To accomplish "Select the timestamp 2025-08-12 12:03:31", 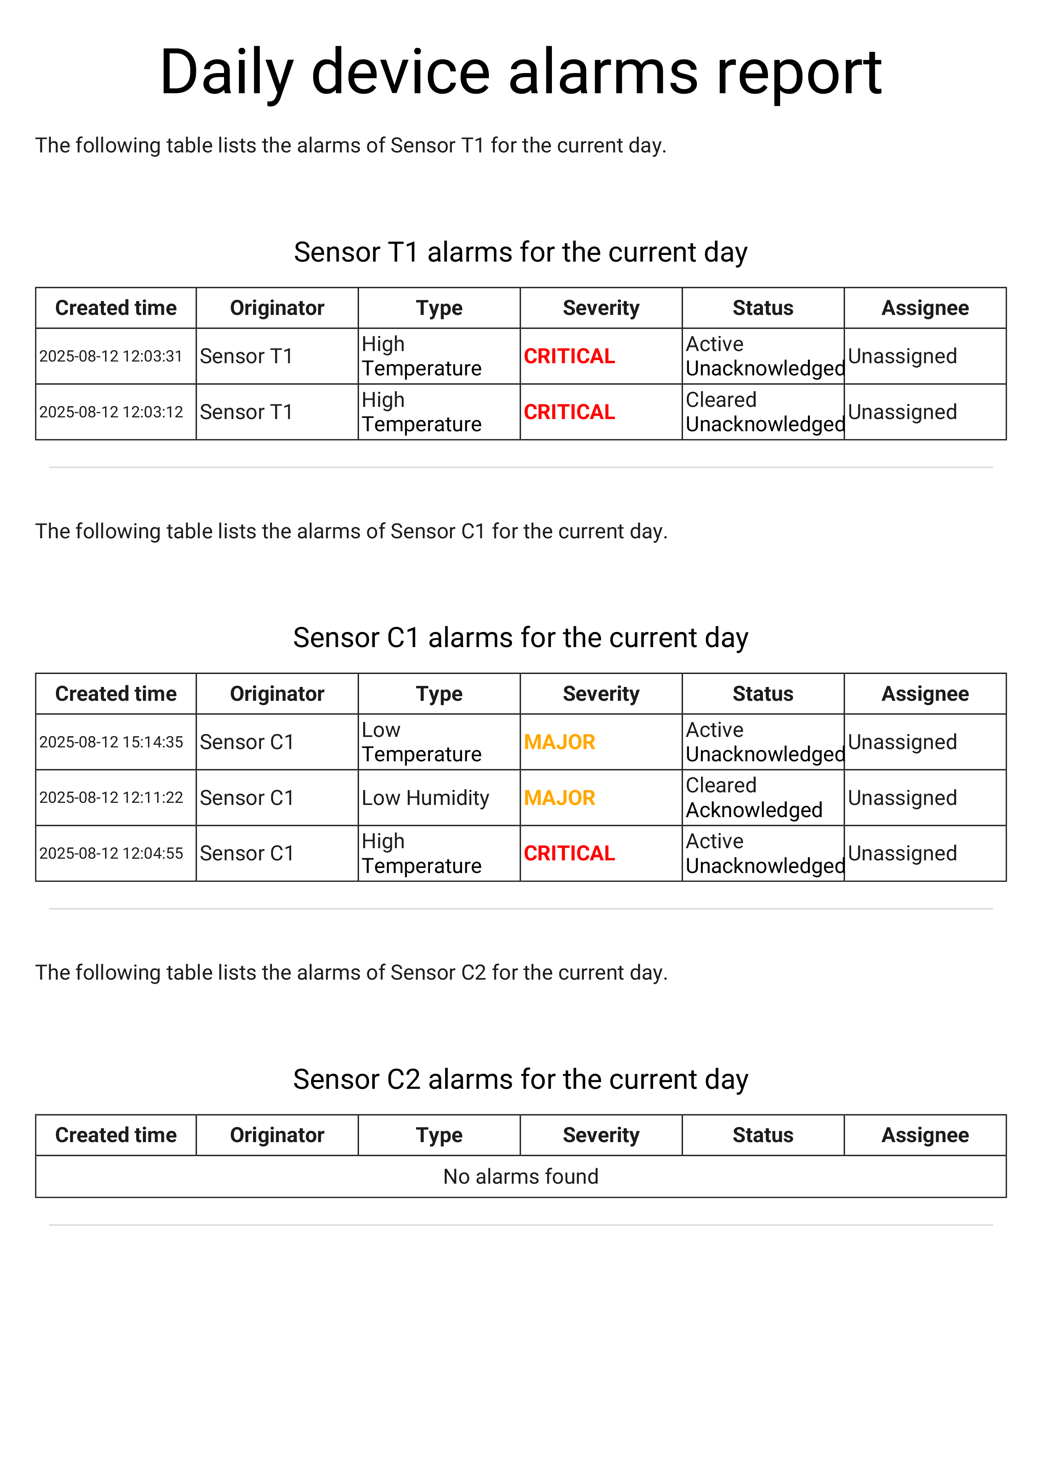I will [111, 356].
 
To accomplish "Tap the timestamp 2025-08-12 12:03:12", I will [111, 412].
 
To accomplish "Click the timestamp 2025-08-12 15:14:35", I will [111, 742].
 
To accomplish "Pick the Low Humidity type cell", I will [425, 798].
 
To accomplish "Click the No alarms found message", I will [521, 1177].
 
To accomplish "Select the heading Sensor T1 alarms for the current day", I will [521, 252].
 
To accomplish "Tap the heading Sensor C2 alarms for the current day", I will [521, 1080].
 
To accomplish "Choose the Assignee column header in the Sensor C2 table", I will [925, 1135].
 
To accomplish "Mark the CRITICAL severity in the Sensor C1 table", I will [569, 854].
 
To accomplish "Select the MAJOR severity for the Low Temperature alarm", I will [559, 742].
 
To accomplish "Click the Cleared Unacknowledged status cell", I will [764, 412].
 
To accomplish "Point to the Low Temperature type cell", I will [421, 742].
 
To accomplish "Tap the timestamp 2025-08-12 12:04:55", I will [111, 854].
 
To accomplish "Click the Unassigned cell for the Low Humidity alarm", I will [902, 798].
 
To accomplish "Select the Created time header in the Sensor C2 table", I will [116, 1135].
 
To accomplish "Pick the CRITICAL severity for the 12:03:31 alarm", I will [569, 356].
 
